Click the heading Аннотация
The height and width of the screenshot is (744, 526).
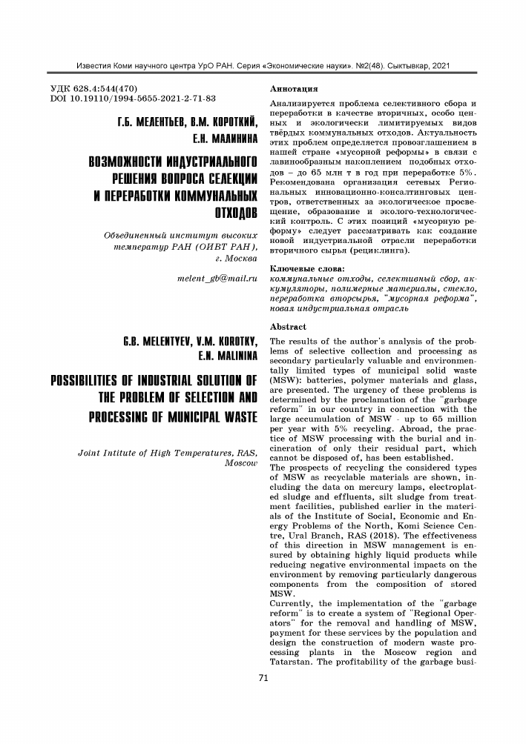296,88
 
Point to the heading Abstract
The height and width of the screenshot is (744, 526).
289,326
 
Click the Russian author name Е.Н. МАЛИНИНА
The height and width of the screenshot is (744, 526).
223,139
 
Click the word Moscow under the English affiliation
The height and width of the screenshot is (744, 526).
240,464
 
